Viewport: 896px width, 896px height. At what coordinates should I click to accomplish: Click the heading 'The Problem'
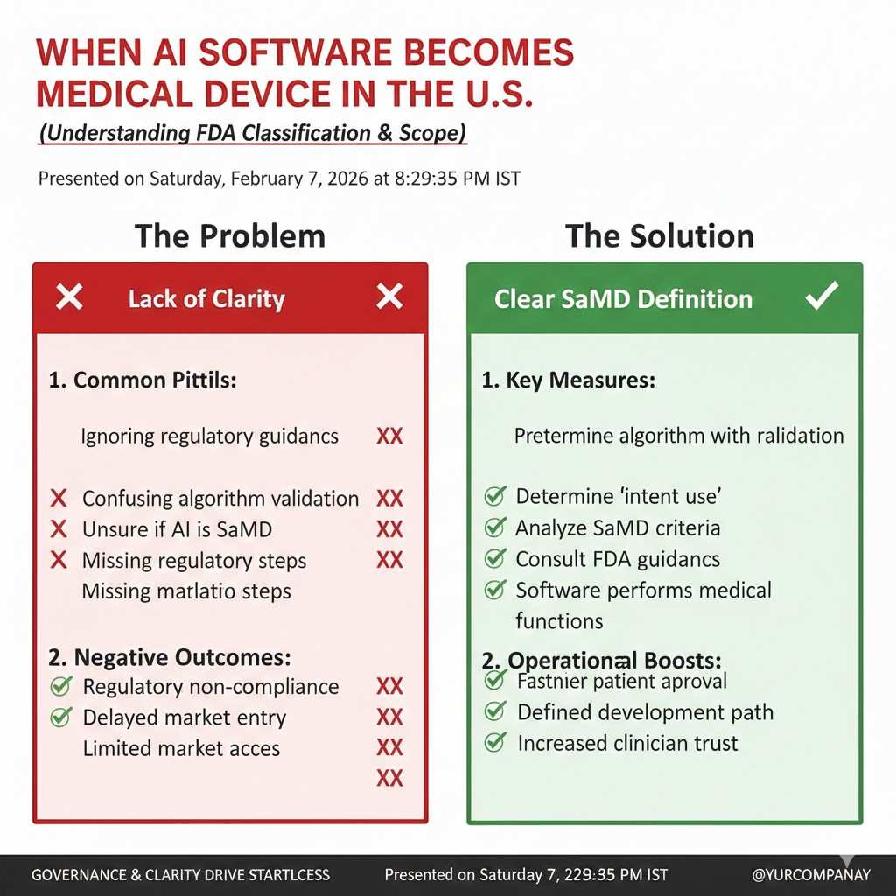tap(230, 236)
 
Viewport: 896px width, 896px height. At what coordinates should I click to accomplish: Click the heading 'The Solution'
tap(660, 236)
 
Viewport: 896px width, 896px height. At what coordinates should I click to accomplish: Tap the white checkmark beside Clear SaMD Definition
tap(822, 296)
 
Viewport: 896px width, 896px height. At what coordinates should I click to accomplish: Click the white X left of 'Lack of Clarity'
tap(69, 297)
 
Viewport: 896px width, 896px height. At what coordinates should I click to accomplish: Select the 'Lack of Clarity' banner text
tap(206, 299)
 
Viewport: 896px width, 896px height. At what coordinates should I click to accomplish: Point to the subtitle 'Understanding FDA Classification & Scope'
tap(253, 133)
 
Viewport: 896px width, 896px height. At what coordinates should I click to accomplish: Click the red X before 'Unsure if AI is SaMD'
tap(59, 529)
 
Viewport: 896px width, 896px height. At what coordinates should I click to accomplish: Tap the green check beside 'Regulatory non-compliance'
tap(61, 685)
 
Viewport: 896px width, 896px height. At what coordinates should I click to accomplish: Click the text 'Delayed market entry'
tap(184, 717)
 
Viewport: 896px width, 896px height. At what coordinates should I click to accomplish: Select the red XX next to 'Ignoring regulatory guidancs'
tap(389, 437)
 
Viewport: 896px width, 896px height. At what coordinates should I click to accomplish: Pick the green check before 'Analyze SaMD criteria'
tap(495, 527)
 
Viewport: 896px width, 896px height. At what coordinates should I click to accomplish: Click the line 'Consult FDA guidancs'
tap(618, 559)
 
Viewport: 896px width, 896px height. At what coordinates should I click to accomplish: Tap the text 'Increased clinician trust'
tap(627, 743)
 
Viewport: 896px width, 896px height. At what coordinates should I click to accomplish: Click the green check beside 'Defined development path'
tap(495, 710)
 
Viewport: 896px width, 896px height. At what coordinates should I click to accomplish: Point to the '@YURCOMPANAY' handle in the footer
tap(811, 875)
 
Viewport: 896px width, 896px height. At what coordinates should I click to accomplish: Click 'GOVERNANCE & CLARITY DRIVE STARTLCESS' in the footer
tap(180, 875)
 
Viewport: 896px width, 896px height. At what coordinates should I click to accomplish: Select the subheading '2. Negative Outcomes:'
tap(170, 657)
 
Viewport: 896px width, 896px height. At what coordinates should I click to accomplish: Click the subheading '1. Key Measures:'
tap(569, 381)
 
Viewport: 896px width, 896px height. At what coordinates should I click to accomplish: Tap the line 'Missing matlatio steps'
tap(186, 591)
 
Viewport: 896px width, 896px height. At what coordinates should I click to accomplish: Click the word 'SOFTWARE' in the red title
tap(294, 52)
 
